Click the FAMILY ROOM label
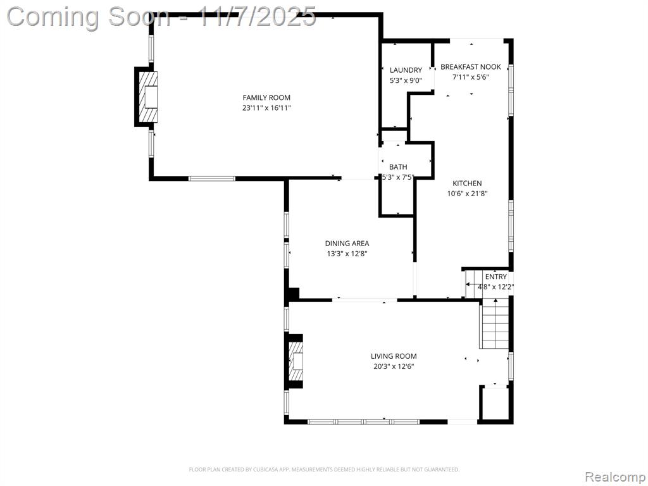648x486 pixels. coord(266,97)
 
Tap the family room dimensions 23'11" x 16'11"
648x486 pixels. coord(266,108)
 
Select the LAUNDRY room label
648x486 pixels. coord(406,70)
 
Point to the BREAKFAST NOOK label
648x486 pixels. coord(471,66)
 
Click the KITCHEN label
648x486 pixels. coord(467,183)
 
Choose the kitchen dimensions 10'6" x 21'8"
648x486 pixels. coord(468,194)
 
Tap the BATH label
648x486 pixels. coord(398,167)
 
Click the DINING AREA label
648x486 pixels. coord(347,244)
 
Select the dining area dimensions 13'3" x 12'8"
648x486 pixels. coord(347,254)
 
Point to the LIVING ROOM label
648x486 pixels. coord(394,356)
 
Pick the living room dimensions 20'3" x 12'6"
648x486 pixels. coord(394,366)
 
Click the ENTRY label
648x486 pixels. coord(496,277)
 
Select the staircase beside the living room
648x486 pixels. coord(495,325)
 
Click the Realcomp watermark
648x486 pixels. coord(615,477)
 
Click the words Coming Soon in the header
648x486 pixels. coord(88,17)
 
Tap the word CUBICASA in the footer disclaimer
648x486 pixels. coord(262,470)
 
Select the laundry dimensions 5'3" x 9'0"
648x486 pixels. coord(406,80)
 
